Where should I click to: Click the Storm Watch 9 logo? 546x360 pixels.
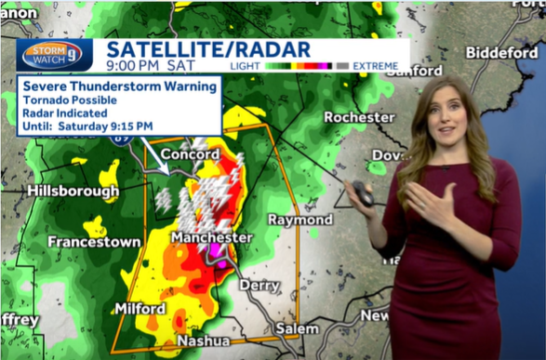click(52, 53)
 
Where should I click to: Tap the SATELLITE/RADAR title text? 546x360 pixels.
click(194, 48)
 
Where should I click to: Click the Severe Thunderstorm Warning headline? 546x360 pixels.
click(119, 87)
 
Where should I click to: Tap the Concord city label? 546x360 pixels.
click(190, 153)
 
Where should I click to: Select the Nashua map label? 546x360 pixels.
click(204, 341)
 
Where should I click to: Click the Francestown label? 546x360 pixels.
click(95, 242)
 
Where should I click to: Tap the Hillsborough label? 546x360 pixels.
click(73, 192)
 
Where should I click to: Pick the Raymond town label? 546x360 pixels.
click(300, 220)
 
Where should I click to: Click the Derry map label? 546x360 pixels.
click(260, 286)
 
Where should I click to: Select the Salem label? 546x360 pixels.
click(297, 328)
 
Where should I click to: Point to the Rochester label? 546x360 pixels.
click(359, 117)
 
